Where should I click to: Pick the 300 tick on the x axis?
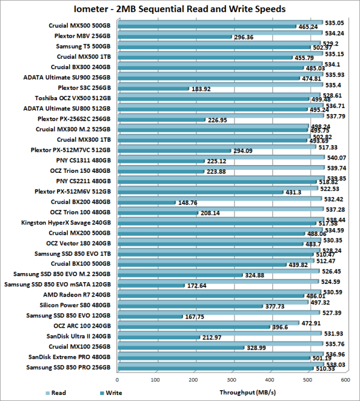(232, 379)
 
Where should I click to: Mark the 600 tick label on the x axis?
(346, 379)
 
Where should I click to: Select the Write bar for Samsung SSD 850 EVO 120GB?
(149, 316)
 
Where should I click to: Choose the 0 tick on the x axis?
(118, 379)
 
